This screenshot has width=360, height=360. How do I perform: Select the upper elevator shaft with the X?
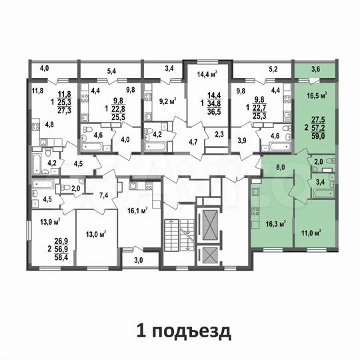point(209,220)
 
